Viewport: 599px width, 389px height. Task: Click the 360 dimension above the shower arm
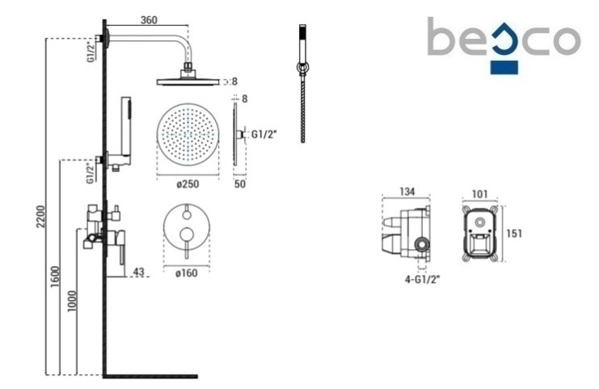tap(149, 19)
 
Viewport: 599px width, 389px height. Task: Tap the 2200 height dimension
tap(41, 216)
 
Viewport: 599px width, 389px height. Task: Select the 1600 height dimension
tap(56, 277)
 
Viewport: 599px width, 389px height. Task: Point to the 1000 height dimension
tap(72, 301)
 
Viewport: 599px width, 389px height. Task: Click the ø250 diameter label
tap(188, 184)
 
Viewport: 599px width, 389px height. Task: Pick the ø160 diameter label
tap(187, 273)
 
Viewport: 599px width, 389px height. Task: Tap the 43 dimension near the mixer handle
tap(138, 272)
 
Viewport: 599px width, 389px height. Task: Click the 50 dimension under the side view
tap(239, 184)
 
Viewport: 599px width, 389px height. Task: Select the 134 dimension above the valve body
tap(407, 192)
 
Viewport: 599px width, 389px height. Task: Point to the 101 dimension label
tap(480, 194)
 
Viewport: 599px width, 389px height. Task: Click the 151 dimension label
tap(514, 233)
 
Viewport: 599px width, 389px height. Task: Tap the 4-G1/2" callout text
tap(422, 280)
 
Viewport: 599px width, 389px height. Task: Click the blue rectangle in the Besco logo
tap(504, 67)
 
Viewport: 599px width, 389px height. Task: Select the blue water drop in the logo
tap(504, 39)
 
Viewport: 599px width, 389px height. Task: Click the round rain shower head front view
tap(188, 134)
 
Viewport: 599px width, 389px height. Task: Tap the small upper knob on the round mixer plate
tap(187, 215)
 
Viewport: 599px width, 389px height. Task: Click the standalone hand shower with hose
tap(302, 83)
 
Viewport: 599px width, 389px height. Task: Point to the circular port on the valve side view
tap(422, 244)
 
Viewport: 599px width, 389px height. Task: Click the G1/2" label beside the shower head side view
tap(264, 134)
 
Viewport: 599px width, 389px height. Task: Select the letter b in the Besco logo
tap(441, 36)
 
